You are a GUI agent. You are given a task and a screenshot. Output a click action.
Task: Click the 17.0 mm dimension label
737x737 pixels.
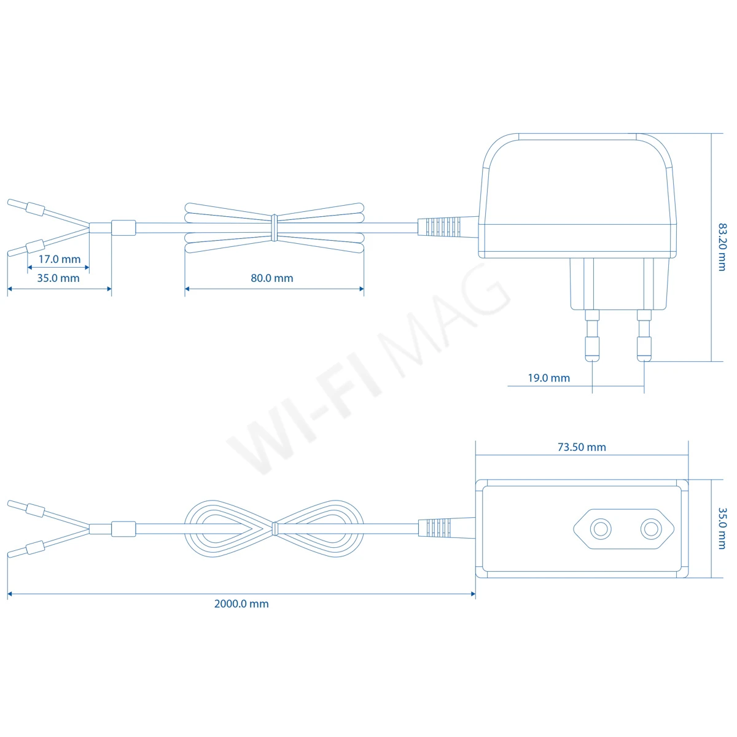tap(60, 259)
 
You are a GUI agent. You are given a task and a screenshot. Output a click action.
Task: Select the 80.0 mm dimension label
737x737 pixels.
tap(272, 278)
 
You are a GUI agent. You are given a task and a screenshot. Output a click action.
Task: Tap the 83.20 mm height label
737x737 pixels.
tap(722, 247)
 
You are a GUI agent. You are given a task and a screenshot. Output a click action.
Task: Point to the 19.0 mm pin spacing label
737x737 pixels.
tap(549, 378)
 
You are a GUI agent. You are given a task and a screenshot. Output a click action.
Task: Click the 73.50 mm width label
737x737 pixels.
tap(582, 447)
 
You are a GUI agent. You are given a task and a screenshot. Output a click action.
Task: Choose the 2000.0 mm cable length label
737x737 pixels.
tap(241, 604)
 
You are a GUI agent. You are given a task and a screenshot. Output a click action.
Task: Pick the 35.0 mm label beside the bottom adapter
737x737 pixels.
tap(722, 528)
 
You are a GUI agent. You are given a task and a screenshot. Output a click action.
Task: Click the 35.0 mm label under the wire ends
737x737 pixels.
tap(58, 278)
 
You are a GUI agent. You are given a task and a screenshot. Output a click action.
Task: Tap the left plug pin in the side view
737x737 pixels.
tap(592, 335)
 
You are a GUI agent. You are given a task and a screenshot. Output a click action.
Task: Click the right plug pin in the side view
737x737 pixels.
tap(644, 335)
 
